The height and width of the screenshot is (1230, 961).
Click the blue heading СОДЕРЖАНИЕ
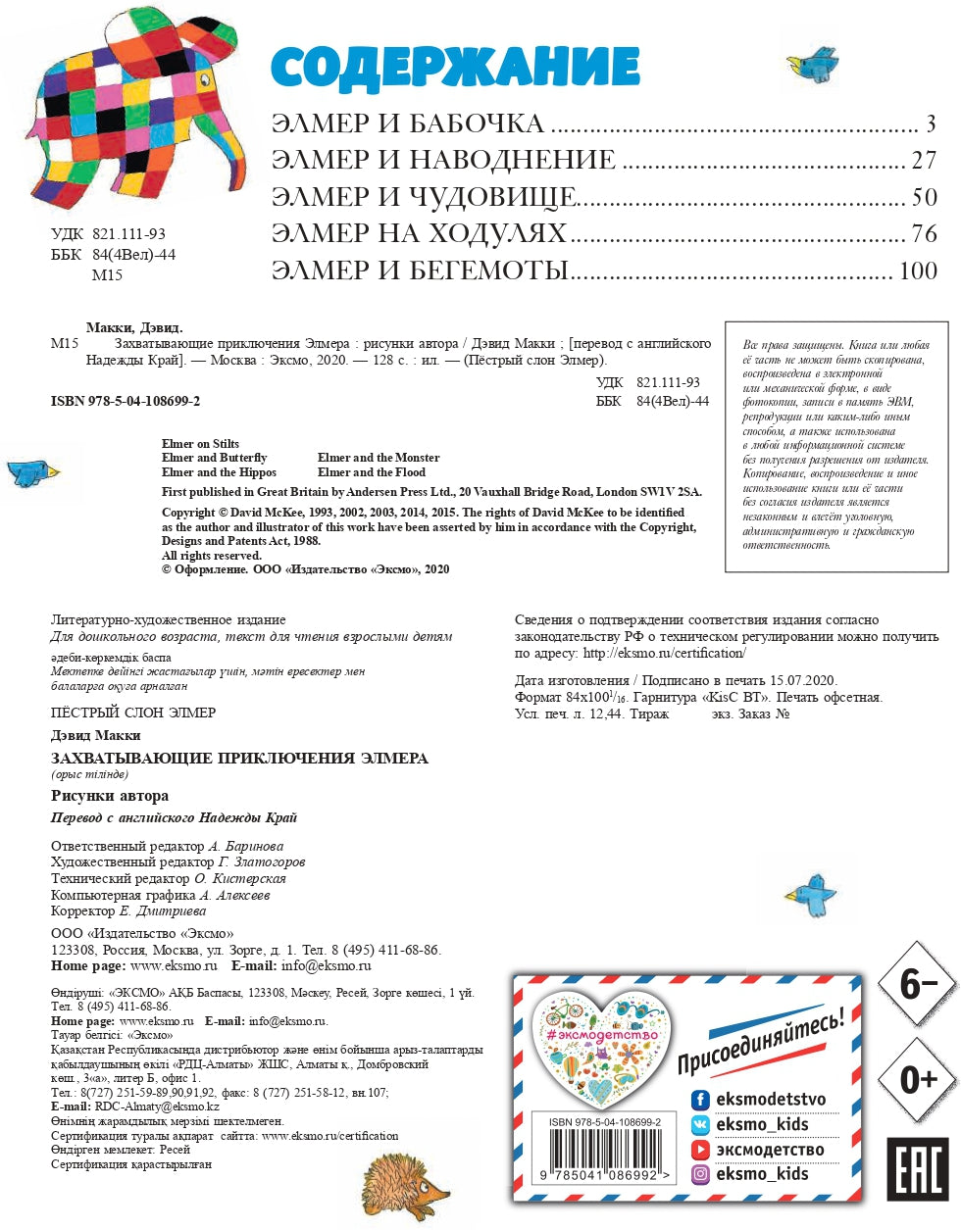[x=455, y=68]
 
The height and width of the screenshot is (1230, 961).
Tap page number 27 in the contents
[x=923, y=161]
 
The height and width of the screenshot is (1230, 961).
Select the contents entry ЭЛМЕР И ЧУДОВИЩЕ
[x=424, y=197]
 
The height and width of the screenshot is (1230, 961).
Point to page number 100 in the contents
[x=918, y=271]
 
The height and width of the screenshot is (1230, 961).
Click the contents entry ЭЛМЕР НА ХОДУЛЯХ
[x=419, y=234]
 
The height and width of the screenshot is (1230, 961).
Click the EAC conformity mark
[x=917, y=1168]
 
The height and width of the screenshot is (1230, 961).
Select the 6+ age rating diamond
[x=917, y=984]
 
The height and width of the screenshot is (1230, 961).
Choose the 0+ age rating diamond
[x=917, y=1079]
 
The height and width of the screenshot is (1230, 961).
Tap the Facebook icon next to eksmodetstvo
[x=700, y=1100]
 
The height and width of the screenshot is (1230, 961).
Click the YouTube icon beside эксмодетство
[x=700, y=1150]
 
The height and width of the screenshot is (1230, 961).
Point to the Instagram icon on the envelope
[x=700, y=1174]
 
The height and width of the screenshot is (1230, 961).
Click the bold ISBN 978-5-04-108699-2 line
[x=126, y=402]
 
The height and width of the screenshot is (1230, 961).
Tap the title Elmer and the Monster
[x=379, y=458]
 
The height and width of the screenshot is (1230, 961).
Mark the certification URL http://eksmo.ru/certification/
[x=664, y=653]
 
